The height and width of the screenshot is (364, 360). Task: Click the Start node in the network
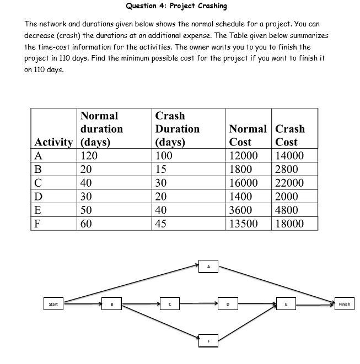[53, 303]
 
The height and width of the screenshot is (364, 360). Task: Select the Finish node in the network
[344, 303]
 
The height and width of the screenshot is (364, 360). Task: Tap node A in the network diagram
[209, 267]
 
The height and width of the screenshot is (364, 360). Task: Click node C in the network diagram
[170, 303]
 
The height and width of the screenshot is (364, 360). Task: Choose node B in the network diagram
[112, 303]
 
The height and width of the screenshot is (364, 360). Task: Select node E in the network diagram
[286, 303]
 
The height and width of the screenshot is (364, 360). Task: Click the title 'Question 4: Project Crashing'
[176, 6]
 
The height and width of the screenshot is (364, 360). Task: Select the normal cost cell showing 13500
[243, 223]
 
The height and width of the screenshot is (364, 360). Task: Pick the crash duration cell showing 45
[163, 223]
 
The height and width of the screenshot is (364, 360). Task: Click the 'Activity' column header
[54, 142]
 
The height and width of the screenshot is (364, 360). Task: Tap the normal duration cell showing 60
[87, 223]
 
